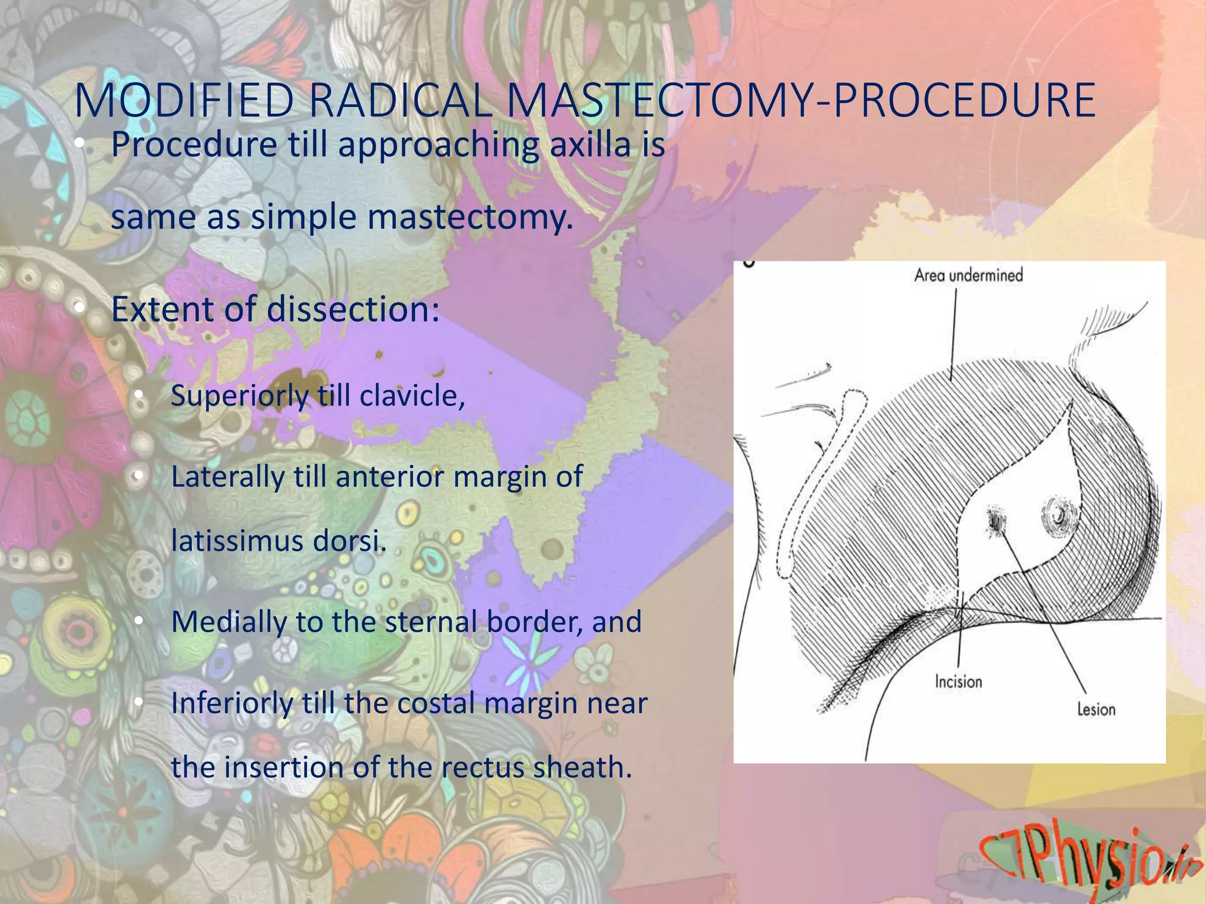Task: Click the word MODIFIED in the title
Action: tap(184, 101)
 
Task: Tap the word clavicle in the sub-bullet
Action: tap(410, 395)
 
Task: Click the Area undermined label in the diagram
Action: tap(968, 275)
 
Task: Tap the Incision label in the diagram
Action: tap(958, 682)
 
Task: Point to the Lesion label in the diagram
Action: tap(1096, 709)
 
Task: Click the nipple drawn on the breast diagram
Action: tap(1059, 517)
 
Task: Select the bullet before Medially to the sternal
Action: tap(138, 621)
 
